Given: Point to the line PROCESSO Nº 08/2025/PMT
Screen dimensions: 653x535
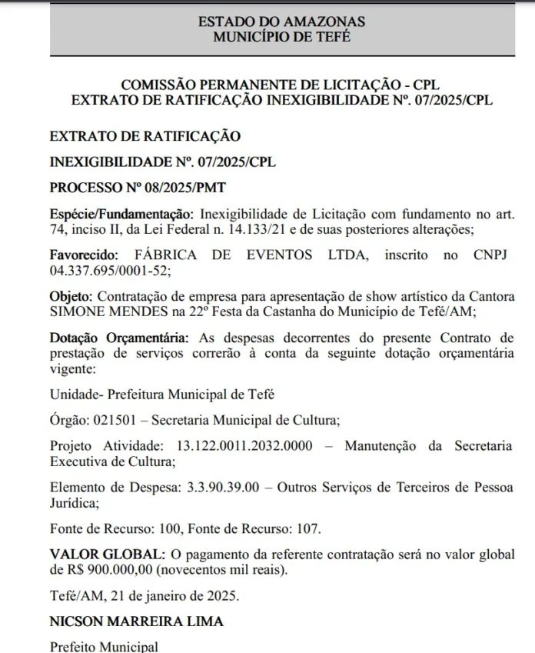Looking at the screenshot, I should point(138,188).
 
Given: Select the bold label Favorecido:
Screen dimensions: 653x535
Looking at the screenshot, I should point(83,255).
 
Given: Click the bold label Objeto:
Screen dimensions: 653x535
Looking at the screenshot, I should point(70,296).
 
